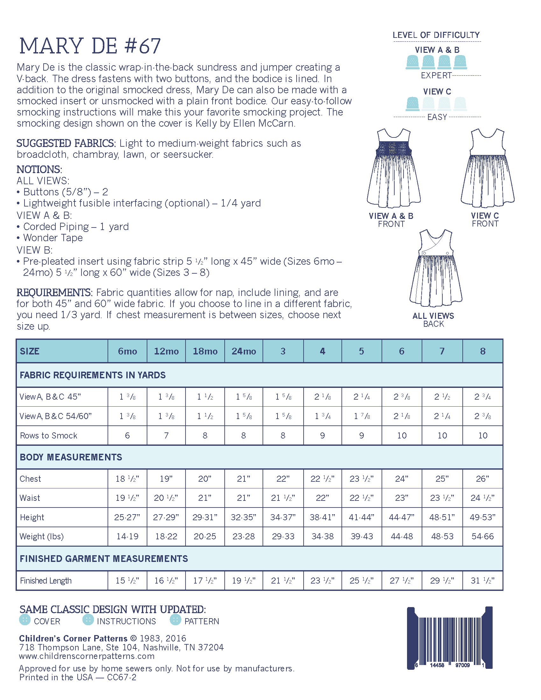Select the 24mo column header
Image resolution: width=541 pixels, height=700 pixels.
click(243, 351)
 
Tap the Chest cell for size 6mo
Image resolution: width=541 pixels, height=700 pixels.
click(127, 479)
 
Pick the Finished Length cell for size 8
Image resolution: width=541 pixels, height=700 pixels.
click(482, 581)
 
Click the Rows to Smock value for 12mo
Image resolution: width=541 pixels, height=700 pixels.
click(166, 436)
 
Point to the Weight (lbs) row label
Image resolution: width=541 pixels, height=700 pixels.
click(42, 536)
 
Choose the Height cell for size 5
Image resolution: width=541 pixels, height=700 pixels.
click(362, 517)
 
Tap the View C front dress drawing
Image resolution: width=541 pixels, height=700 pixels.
click(487, 168)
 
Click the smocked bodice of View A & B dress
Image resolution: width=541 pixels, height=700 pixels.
click(394, 148)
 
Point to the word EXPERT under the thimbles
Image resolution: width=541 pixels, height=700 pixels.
click(436, 75)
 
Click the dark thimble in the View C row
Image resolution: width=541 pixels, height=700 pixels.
click(412, 103)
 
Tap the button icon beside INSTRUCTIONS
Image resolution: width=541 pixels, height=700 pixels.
click(88, 619)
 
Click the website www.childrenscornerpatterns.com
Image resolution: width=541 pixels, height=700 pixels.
click(87, 656)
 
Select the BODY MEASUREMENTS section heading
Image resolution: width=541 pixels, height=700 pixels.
click(71, 457)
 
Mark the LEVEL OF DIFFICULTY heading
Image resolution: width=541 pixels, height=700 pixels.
click(436, 35)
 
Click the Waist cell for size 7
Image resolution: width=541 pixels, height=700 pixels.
click(442, 498)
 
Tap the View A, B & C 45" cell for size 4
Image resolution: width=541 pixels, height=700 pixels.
click(322, 397)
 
